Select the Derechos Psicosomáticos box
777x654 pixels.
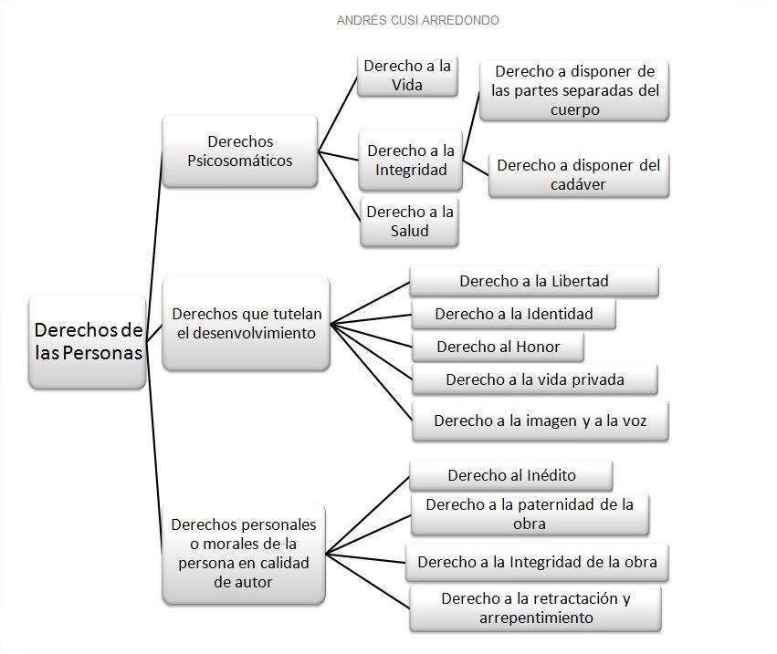pyautogui.click(x=239, y=151)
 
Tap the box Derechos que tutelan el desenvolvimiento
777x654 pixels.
pyautogui.click(x=246, y=324)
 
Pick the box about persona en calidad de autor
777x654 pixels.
pyautogui.click(x=244, y=553)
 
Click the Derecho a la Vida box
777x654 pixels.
pyautogui.click(x=407, y=76)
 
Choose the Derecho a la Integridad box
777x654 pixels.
pyautogui.click(x=410, y=161)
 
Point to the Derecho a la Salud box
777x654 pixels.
pyautogui.click(x=409, y=222)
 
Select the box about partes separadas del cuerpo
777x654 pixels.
pyautogui.click(x=574, y=90)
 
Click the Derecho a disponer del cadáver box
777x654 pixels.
pyautogui.click(x=578, y=175)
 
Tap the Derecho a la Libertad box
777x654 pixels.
pyautogui.click(x=534, y=281)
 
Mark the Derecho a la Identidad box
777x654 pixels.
pyautogui.click(x=513, y=314)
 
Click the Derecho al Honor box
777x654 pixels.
pyautogui.click(x=498, y=347)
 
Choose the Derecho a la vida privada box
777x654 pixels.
pyautogui.click(x=534, y=379)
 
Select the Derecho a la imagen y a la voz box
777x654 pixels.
pyautogui.click(x=540, y=421)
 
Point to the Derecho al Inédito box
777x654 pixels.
pyautogui.click(x=511, y=475)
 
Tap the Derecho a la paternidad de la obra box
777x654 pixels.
pyautogui.click(x=530, y=514)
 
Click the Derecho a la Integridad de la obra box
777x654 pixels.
pyautogui.click(x=537, y=562)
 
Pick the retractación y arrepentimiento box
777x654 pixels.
pyautogui.click(x=535, y=608)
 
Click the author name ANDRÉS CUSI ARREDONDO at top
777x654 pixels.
pyautogui.click(x=417, y=20)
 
